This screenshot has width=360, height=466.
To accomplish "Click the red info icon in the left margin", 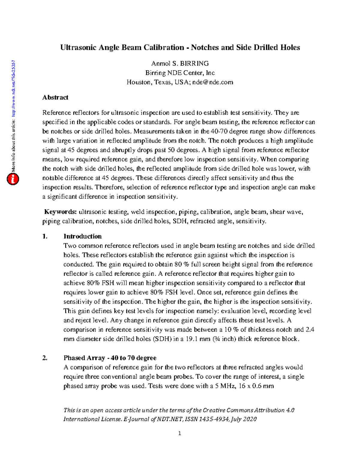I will tap(13, 179).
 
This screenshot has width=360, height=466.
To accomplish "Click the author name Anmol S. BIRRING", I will tap(180, 64).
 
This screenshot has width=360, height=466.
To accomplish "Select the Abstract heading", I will tap(55, 98).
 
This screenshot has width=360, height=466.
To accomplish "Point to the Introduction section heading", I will tap(82, 236).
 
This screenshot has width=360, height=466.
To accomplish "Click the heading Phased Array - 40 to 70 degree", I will tap(110, 358).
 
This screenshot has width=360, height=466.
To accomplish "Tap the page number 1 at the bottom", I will tap(179, 433).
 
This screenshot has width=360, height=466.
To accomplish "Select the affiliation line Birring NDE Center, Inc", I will tap(180, 73).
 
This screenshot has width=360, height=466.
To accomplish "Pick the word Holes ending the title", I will tap(290, 48).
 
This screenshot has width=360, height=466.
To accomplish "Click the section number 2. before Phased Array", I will tap(45, 358).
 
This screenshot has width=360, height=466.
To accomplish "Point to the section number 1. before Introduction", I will tap(45, 236).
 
